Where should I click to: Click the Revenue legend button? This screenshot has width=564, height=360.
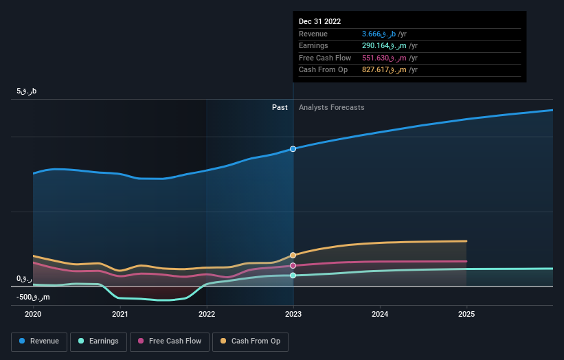(39, 341)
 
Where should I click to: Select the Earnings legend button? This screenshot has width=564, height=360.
(98, 341)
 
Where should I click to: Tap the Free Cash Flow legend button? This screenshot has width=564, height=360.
(170, 341)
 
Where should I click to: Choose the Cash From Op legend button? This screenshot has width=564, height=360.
(250, 341)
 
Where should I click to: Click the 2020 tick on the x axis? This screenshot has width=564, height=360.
(33, 314)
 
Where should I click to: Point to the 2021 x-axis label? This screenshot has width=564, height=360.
(120, 314)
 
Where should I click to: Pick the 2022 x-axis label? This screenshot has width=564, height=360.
(207, 314)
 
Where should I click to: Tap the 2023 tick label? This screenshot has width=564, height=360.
(293, 314)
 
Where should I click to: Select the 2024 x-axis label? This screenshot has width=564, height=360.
(380, 314)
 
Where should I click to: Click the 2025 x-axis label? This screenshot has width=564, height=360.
(466, 314)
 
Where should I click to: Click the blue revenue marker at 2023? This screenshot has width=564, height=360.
(293, 149)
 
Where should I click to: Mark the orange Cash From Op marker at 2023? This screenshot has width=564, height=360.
(293, 255)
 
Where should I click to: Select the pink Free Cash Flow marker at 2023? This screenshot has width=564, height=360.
(293, 265)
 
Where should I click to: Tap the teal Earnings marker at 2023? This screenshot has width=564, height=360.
(293, 275)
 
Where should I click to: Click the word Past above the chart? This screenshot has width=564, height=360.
(280, 108)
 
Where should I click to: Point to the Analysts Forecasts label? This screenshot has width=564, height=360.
(331, 108)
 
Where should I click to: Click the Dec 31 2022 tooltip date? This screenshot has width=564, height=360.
(319, 22)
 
